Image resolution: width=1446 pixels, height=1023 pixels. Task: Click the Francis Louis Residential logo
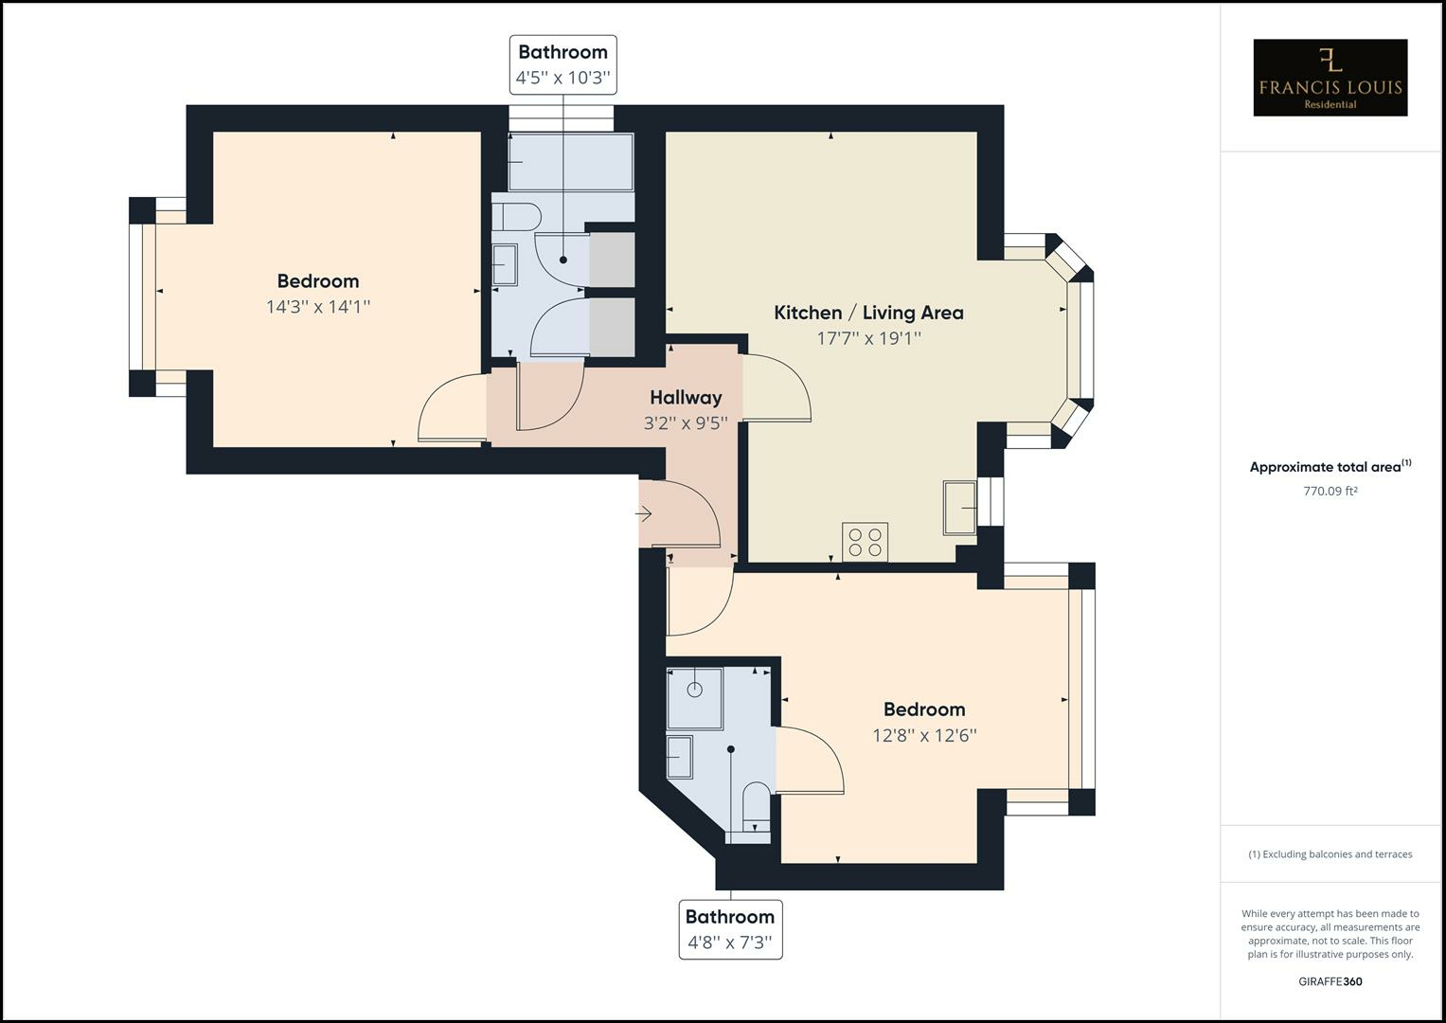tap(1330, 78)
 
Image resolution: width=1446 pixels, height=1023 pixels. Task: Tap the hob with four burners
tap(865, 542)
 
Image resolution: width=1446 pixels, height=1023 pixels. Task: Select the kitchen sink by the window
tap(959, 508)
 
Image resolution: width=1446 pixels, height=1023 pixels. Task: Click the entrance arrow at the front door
tap(644, 514)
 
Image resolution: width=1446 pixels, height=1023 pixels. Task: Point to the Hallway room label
tap(686, 398)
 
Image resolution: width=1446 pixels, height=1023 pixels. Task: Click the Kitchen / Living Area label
tap(868, 313)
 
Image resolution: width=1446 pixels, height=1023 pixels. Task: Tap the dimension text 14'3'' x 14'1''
tap(318, 307)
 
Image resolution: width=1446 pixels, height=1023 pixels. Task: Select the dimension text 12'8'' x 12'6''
tap(924, 735)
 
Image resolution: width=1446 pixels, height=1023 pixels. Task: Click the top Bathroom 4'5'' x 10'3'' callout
tap(563, 64)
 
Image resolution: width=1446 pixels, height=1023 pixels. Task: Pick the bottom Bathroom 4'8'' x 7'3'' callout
tap(730, 929)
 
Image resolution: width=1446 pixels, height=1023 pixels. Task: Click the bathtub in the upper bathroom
tap(570, 162)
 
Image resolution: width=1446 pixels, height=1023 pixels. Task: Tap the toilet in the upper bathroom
tap(515, 217)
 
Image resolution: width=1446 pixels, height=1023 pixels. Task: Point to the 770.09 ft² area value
tap(1330, 491)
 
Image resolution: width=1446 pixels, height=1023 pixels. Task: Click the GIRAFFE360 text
tap(1330, 981)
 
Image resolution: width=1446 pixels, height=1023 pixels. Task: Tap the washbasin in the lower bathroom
tap(679, 755)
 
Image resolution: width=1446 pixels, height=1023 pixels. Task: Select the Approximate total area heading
tap(1330, 467)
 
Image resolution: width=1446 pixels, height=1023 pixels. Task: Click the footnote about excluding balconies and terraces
tap(1330, 854)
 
